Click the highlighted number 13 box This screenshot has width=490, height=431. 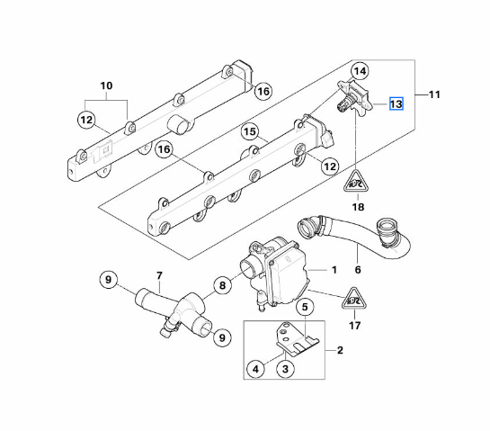coord(396,104)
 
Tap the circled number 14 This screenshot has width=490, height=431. coord(360,71)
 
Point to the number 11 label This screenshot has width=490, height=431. coord(434,94)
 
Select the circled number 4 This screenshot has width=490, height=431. coord(256,367)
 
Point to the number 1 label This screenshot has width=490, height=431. coord(334,269)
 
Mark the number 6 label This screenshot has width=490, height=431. coord(358,268)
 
